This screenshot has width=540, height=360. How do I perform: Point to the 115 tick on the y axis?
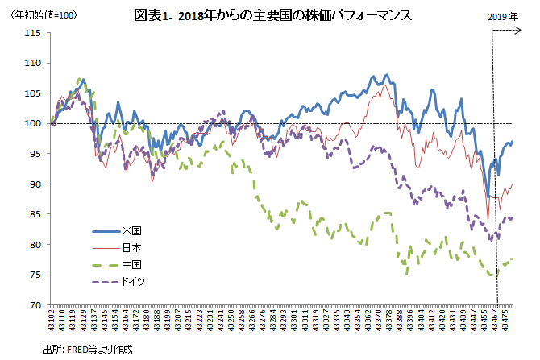pos(33,33)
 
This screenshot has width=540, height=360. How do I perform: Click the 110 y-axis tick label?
pos(33,63)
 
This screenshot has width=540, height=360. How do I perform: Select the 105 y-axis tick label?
pos(33,93)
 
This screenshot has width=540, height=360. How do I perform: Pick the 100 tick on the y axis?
pos(33,124)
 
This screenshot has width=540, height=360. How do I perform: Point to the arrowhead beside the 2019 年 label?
pos(517,31)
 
